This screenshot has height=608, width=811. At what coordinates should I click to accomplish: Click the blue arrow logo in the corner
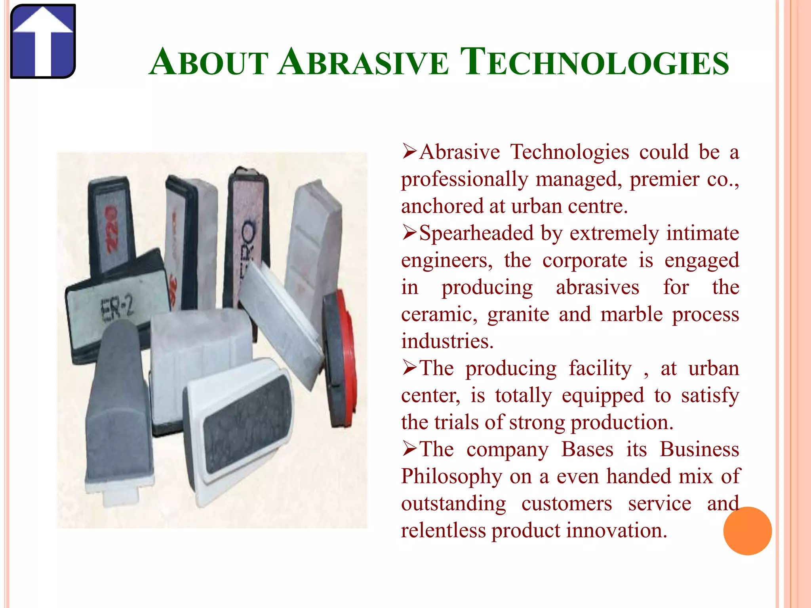[x=43, y=41]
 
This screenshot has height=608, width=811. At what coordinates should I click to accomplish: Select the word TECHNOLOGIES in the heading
[x=594, y=63]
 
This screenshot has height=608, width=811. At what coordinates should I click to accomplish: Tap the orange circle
[x=747, y=531]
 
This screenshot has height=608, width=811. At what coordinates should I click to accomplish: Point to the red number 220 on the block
[x=112, y=229]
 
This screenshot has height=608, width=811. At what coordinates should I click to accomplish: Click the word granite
[x=518, y=315]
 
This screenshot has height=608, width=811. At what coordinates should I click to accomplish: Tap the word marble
[x=631, y=315]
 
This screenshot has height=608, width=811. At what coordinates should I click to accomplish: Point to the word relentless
[x=443, y=530]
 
